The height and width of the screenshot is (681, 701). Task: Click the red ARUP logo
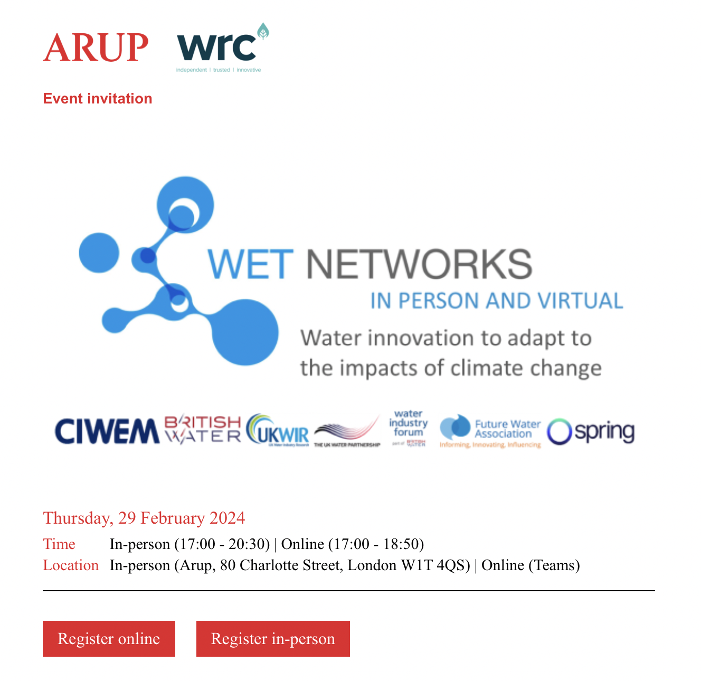(x=96, y=48)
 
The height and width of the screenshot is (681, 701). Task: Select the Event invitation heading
(x=98, y=99)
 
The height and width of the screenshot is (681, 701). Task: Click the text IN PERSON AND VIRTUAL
(x=496, y=301)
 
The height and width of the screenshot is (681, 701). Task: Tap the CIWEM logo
(x=107, y=431)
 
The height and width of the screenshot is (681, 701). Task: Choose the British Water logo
(x=203, y=430)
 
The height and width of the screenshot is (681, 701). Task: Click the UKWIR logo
(x=278, y=430)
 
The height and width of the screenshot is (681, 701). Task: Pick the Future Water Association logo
(x=490, y=431)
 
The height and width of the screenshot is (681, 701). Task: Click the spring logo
(x=591, y=432)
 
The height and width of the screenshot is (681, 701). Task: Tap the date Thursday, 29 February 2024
(x=144, y=518)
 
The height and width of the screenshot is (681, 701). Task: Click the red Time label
(x=59, y=544)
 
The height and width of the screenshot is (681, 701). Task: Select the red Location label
(x=71, y=565)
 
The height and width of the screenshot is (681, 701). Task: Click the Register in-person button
(x=273, y=639)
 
